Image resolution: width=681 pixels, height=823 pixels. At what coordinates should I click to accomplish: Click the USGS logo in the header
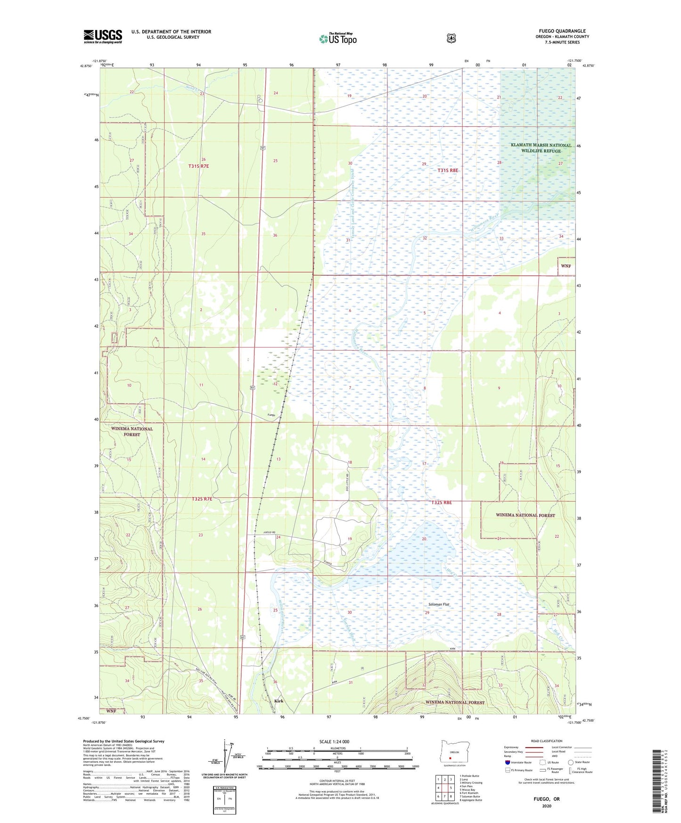[103, 36]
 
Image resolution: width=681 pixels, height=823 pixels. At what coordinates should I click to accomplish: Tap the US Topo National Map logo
[337, 39]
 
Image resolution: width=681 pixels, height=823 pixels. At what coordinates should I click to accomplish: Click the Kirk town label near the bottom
[279, 701]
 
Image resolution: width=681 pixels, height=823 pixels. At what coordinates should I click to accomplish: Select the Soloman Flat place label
[439, 604]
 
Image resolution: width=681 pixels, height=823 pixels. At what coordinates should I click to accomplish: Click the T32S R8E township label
[441, 502]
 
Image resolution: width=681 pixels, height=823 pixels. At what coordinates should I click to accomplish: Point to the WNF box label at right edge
[566, 266]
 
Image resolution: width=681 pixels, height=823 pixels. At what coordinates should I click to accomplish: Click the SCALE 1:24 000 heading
[334, 741]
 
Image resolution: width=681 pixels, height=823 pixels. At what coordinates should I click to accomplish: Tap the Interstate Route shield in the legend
[507, 762]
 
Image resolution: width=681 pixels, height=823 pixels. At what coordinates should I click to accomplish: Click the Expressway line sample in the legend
[532, 747]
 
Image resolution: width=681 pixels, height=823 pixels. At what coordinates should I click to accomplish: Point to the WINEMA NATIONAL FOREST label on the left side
[132, 431]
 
